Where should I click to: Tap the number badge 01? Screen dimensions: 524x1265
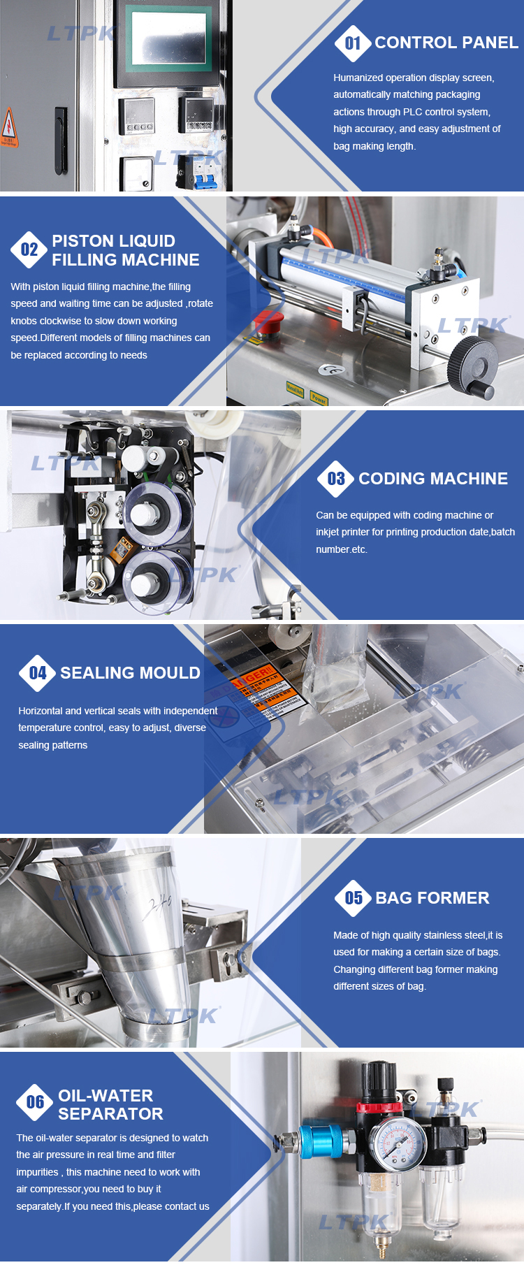coord(353,43)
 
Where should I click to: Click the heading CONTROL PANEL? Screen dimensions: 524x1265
coord(446,43)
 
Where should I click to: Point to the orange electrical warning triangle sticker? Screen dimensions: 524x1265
coord(9,127)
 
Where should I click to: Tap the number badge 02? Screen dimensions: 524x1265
coord(29,250)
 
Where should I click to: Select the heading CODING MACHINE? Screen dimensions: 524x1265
coord(433,479)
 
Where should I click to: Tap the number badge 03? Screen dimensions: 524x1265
coord(336,479)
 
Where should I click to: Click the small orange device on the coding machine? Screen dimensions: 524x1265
coord(125,548)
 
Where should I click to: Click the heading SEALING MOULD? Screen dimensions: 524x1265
coord(130,673)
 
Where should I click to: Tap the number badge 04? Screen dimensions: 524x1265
coord(38,673)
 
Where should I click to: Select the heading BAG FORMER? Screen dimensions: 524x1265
coord(432,898)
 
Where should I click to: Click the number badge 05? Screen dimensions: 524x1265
coord(354,898)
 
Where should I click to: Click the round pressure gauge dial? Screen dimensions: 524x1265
coord(398,1147)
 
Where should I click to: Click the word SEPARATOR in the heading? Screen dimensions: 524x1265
coord(110,1114)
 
